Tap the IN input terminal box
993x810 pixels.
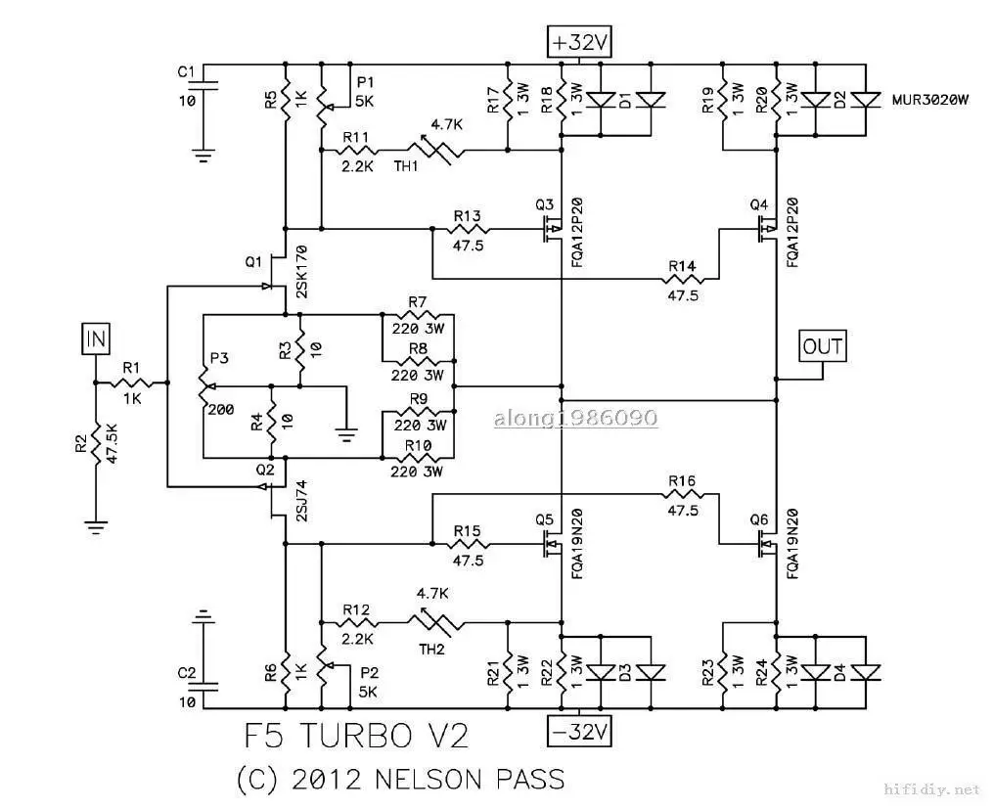pos(96,339)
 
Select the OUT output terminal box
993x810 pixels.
pos(822,346)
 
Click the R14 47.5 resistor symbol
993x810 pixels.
pos(682,279)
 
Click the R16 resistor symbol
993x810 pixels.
pos(682,495)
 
